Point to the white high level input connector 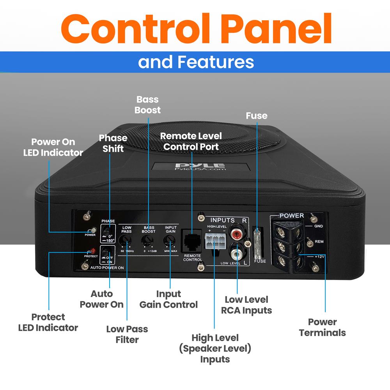click(x=214, y=242)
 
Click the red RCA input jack click(x=237, y=235)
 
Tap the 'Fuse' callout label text click(x=257, y=116)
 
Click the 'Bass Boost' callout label click(x=147, y=105)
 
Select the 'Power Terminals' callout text click(x=322, y=327)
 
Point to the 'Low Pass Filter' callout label click(x=127, y=334)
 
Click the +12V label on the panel click(x=319, y=257)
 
